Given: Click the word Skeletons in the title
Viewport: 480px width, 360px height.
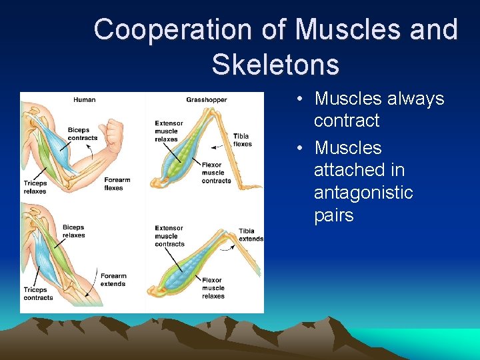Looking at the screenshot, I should click(x=275, y=65).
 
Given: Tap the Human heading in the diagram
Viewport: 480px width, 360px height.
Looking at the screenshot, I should click(x=85, y=100).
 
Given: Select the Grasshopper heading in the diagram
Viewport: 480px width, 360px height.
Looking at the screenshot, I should click(x=207, y=100).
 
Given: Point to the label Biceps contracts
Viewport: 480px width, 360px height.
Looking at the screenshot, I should click(x=83, y=134).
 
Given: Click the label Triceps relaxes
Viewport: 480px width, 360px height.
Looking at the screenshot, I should click(x=35, y=187).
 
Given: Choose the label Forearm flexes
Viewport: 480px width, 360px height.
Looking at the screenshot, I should click(x=117, y=184).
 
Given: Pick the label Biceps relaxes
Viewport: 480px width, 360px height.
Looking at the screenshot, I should click(x=73, y=231).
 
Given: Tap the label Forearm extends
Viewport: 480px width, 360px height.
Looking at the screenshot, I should click(x=113, y=280).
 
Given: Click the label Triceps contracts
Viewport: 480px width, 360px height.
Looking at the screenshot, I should click(x=38, y=294).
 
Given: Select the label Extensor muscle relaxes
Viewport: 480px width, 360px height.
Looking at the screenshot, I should click(x=169, y=131).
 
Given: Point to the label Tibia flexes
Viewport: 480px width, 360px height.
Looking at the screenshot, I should click(x=242, y=140).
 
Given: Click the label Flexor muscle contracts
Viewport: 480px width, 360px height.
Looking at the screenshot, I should click(x=216, y=173).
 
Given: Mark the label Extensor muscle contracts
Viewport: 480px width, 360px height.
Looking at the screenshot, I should click(x=169, y=236).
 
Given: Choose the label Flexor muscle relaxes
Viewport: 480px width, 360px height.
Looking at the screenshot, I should click(x=213, y=288).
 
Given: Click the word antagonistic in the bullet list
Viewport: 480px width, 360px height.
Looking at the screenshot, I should click(x=363, y=193).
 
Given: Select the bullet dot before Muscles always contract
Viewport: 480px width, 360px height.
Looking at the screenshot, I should click(x=301, y=99).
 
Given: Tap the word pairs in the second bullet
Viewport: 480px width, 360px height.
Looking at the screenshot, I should click(x=333, y=215).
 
